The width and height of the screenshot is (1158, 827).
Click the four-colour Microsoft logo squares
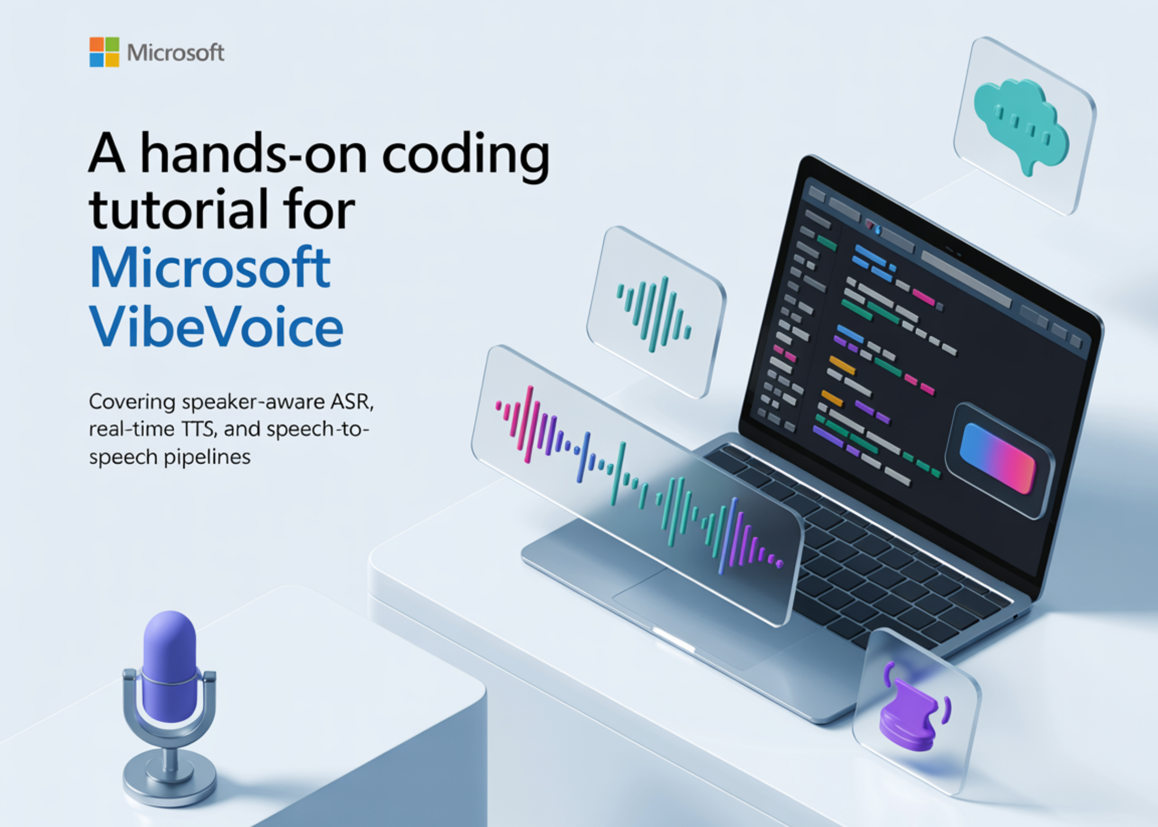104,52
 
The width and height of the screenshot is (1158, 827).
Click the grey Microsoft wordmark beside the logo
176,52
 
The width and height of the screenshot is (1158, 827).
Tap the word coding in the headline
466,155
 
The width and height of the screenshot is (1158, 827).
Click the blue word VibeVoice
216,326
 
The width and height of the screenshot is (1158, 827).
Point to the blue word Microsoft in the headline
210,268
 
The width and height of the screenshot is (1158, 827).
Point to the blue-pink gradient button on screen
998,458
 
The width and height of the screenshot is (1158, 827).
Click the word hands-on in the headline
254,155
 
